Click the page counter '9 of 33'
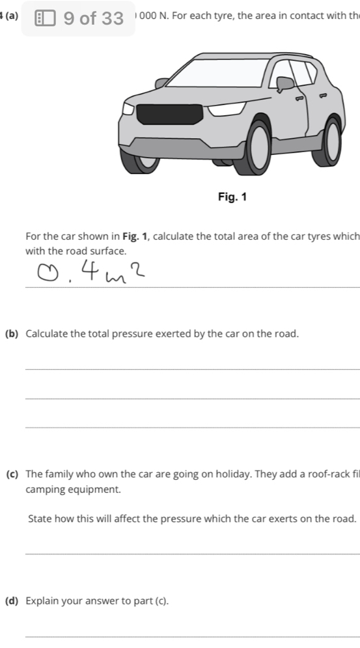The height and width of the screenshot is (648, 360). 94,18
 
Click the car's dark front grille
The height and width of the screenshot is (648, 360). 165,112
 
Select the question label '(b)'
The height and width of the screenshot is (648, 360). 11,333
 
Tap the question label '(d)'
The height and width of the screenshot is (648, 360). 11,600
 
